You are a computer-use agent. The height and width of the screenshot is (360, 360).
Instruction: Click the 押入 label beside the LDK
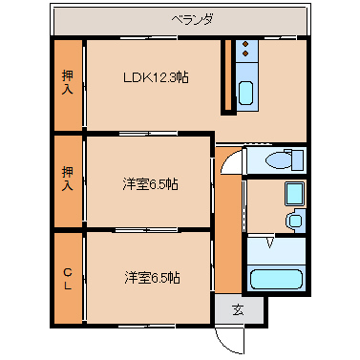pyautogui.click(x=68, y=84)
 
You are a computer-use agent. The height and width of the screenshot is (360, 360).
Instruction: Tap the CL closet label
pyautogui.click(x=68, y=276)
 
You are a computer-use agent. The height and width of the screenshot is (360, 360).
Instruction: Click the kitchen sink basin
pyautogui.click(x=245, y=94)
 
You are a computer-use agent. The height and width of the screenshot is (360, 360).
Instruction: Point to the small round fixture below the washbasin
pyautogui.click(x=294, y=222)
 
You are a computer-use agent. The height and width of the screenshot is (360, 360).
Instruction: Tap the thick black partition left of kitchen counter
pyautogui.click(x=226, y=76)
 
